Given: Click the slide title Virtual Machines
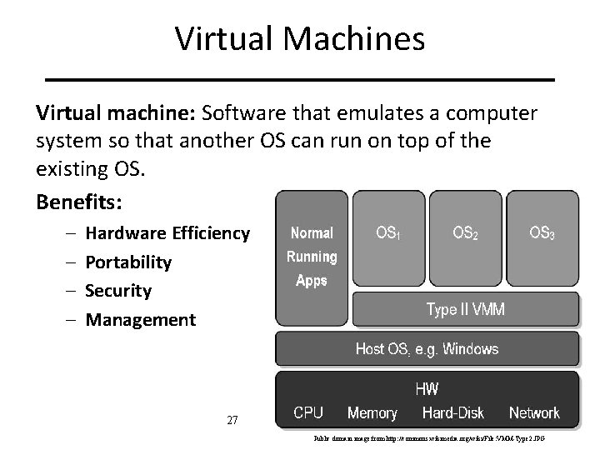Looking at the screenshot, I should point(300,38).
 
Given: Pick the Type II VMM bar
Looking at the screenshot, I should point(465,311).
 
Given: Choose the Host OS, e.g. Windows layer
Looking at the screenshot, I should point(427,349).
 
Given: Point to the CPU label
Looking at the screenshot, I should point(308,412).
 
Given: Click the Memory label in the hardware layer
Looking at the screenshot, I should point(372,412).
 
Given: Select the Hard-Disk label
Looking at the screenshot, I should point(452,412).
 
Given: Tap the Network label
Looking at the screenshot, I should point(534,412).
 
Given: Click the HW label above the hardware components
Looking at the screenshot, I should point(427,388).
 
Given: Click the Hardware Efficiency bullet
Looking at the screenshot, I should point(167,233).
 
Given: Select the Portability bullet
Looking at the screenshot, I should point(129,262).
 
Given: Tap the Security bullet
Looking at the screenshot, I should point(119,291).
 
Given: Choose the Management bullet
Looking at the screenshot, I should point(141,319).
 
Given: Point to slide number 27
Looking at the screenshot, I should point(233,421).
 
